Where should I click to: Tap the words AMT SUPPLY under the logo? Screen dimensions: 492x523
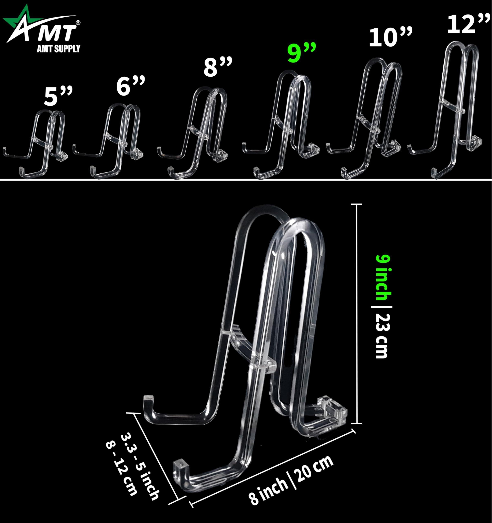(59, 49)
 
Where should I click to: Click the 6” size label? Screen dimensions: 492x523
(131, 86)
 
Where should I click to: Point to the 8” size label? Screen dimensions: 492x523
(218, 67)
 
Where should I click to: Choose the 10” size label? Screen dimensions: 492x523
(391, 37)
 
